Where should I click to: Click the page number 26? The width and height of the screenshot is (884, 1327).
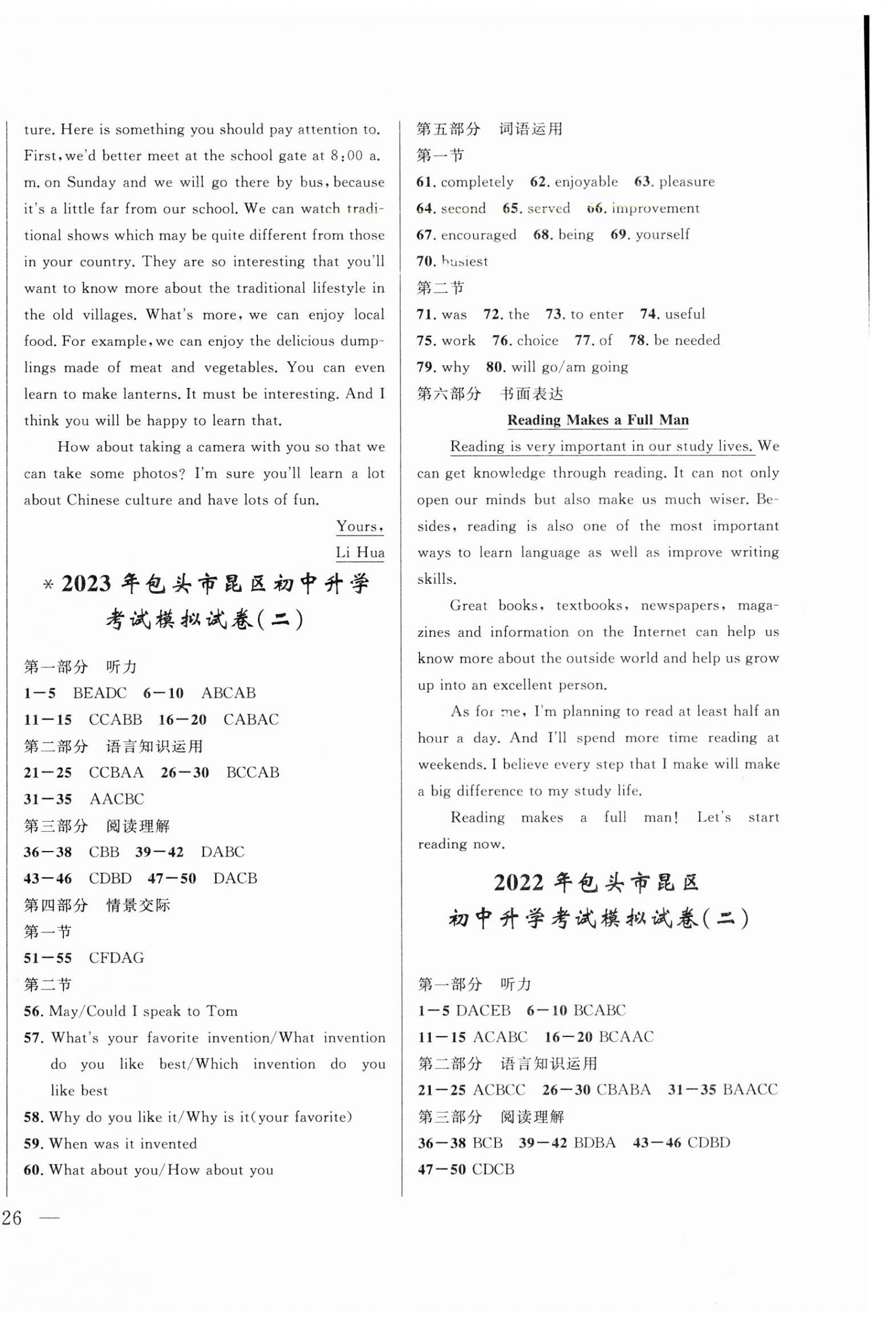12,1218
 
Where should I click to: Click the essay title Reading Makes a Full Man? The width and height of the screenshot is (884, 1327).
598,420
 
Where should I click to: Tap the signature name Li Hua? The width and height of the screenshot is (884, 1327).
360,552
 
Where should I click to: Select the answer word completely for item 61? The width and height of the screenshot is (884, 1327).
477,182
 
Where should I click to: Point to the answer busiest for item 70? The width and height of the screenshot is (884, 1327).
465,261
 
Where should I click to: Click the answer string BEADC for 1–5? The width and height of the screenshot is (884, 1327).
100,693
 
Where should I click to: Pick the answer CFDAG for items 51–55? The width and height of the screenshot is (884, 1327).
116,957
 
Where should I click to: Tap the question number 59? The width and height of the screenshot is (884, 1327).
33,1143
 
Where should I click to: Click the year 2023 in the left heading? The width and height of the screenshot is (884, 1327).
86,584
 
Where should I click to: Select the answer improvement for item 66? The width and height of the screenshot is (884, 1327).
655,208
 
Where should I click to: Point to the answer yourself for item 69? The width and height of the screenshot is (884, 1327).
662,235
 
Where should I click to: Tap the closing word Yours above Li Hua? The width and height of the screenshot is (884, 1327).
358,526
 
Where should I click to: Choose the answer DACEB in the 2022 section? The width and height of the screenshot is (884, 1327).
483,1010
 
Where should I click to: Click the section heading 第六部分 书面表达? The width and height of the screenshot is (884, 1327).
490,393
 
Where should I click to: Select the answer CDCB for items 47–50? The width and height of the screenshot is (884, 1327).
493,1169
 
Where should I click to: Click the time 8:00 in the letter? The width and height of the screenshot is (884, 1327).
346,156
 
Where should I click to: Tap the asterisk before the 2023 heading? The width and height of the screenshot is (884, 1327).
49,585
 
